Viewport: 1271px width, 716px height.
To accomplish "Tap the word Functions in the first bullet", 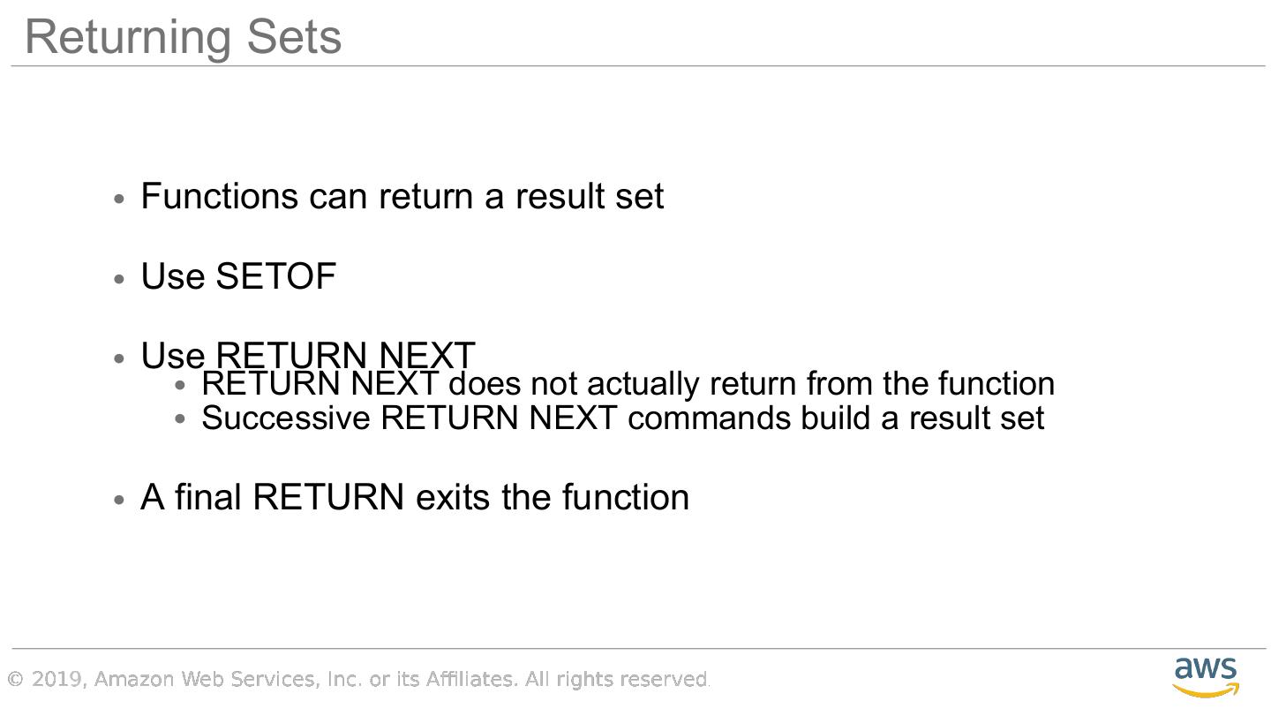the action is [x=219, y=196].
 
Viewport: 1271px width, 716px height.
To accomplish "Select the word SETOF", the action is [x=275, y=276].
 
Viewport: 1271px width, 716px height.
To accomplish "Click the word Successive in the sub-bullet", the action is [x=285, y=418].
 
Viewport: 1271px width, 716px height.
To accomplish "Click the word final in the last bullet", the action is [x=208, y=497].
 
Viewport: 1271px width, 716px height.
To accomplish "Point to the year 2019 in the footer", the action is [x=56, y=679].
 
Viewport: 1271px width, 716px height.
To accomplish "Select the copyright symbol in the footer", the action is [x=15, y=679].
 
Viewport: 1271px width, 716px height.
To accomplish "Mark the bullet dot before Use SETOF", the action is [x=121, y=279].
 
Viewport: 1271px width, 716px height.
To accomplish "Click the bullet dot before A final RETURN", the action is [x=121, y=500].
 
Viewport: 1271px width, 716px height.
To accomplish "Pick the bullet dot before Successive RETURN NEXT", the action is [x=181, y=419].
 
